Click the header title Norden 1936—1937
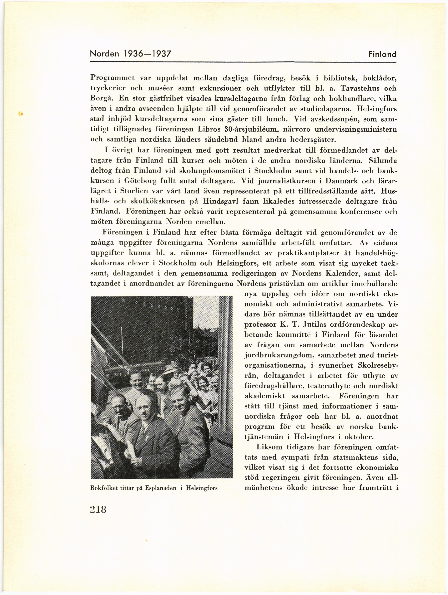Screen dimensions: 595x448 (131, 54)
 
